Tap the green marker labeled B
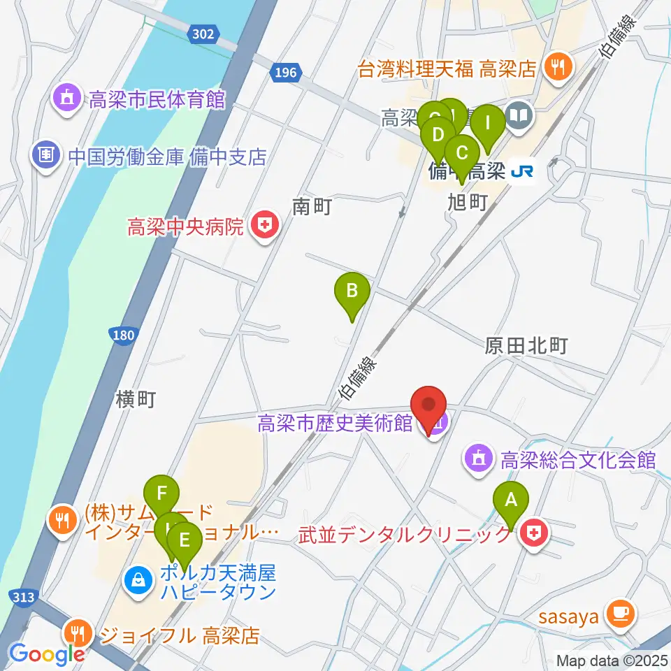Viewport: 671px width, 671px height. (353, 290)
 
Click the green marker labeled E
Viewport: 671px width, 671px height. (185, 540)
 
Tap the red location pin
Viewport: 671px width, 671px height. (429, 405)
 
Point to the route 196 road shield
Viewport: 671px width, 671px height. (285, 72)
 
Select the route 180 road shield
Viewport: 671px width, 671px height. (122, 336)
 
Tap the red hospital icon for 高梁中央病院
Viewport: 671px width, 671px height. (264, 226)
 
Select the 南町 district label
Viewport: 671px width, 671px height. (311, 206)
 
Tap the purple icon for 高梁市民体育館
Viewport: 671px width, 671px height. (67, 100)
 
